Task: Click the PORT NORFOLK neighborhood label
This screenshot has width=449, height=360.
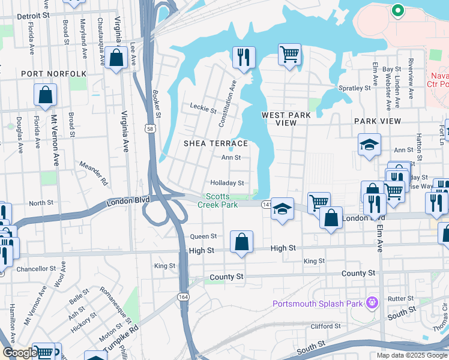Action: tap(53, 74)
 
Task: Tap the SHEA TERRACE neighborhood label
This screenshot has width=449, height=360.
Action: tap(215, 143)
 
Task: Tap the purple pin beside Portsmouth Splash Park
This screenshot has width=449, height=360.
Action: tap(372, 302)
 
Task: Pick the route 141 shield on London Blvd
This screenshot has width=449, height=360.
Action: tap(266, 205)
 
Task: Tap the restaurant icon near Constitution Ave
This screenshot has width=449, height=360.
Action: tap(244, 58)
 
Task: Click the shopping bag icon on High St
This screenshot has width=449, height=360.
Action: tap(241, 242)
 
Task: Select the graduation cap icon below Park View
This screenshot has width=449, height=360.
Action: tap(369, 144)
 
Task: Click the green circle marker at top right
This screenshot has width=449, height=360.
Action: tap(396, 10)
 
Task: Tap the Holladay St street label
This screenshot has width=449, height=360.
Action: tap(227, 183)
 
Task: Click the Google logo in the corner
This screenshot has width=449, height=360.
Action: tap(20, 353)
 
